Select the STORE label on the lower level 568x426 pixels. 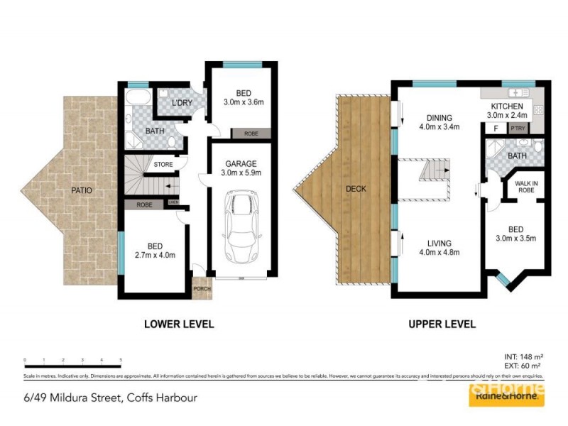click(x=163, y=165)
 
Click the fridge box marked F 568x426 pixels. click(x=495, y=129)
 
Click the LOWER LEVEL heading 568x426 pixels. click(x=179, y=324)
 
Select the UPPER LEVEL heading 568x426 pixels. click(x=441, y=324)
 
